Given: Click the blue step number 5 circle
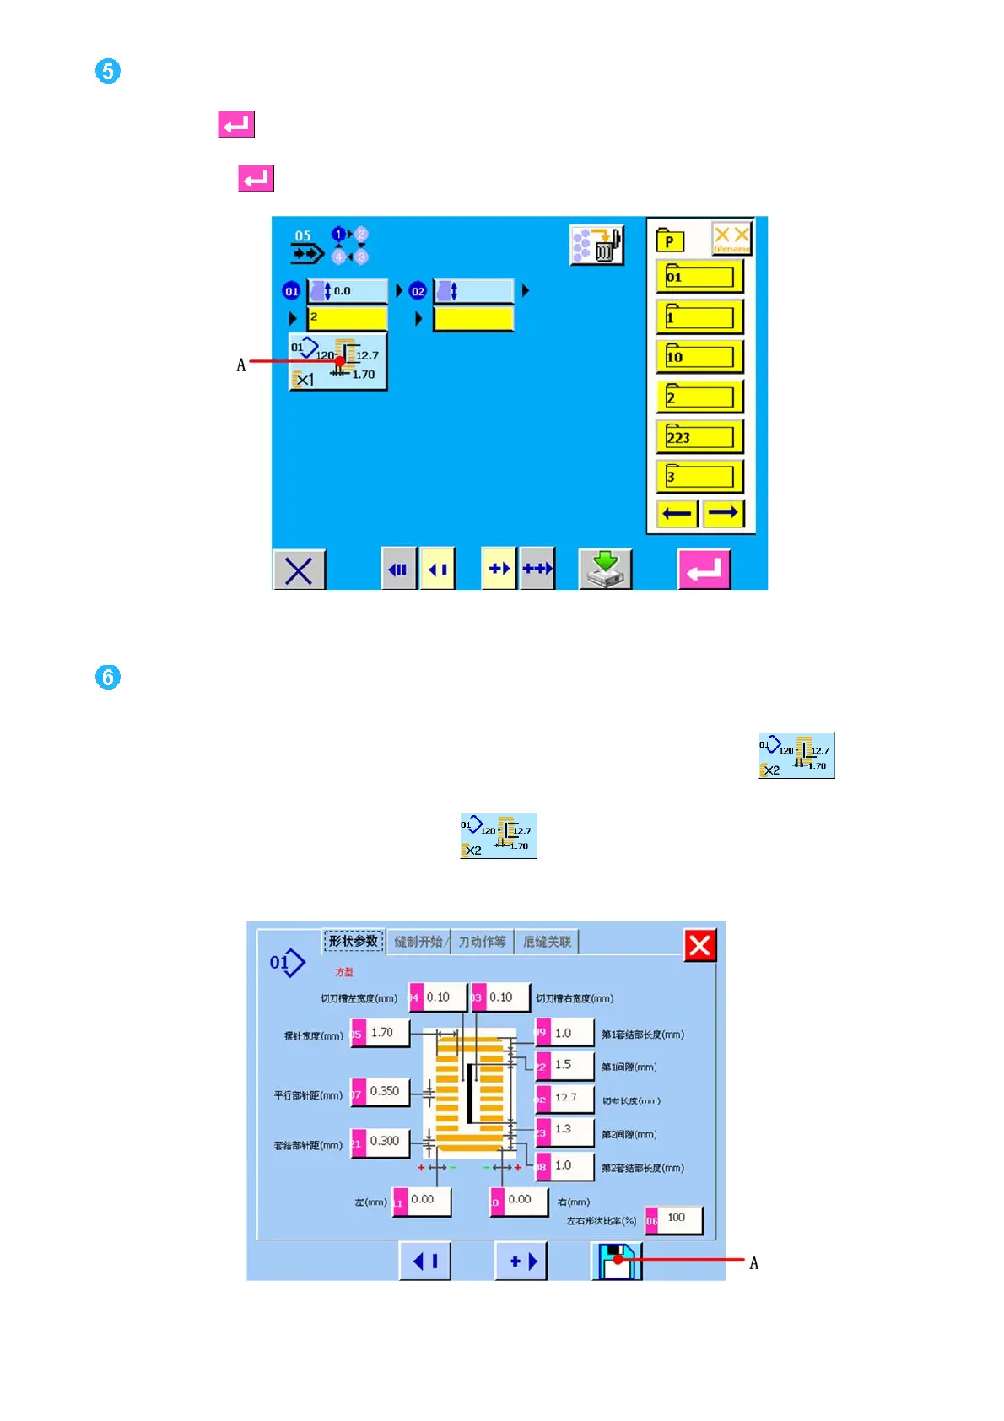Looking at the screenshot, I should coord(108,71).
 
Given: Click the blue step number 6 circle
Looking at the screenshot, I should coord(108,677).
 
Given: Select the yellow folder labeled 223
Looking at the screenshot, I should coord(699,437).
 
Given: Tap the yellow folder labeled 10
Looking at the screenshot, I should coord(699,357).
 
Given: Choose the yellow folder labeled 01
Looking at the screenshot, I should coord(699,277).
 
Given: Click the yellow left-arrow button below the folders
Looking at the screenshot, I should coord(677,513).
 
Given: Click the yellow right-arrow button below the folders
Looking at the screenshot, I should coord(723,513).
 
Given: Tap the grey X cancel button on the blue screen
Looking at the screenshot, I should coord(299,570).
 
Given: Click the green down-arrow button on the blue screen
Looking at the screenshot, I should coord(605,569).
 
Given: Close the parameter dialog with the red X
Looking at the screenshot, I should coord(699,945).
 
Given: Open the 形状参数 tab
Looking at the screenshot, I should coord(354,942).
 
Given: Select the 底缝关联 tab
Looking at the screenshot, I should coord(547,942).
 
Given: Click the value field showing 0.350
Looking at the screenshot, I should coord(386,1092).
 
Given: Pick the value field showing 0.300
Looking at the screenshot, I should coord(386,1142).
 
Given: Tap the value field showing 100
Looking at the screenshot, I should coord(679,1218).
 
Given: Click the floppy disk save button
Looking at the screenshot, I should coord(617,1262).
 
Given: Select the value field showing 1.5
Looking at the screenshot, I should coord(570,1066).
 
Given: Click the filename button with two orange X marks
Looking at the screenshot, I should coord(731,239).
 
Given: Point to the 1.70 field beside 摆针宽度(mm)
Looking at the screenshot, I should coord(386,1033).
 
